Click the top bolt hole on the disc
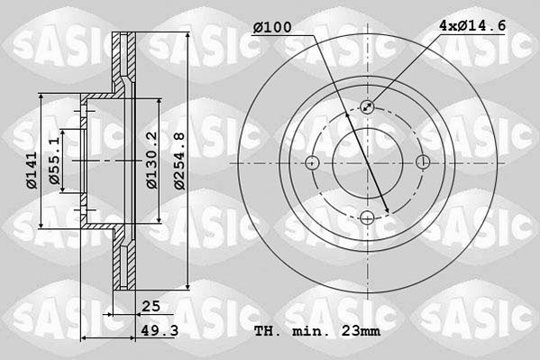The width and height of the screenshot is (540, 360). pos(368,106)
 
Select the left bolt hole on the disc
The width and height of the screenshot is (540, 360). pos(312,162)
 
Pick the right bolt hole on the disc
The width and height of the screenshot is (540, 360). pos(424,162)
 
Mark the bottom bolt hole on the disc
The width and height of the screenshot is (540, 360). pos(368,218)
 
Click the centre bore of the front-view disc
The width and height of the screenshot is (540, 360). pos(368,162)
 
